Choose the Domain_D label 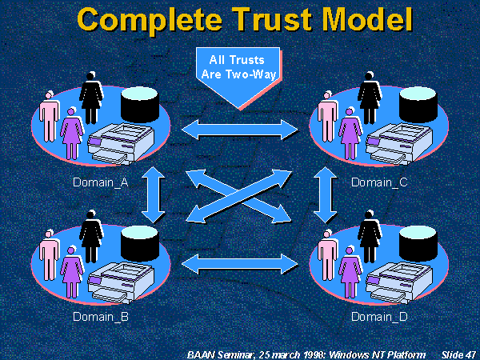pos(379,315)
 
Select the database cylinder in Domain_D pos(419,238)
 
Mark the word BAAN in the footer pos(197,353)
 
